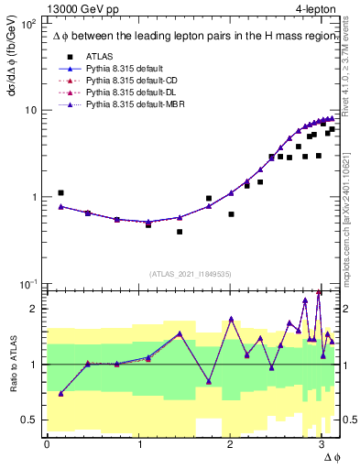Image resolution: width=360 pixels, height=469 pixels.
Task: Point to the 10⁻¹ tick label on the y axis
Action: pyautogui.click(x=28, y=284)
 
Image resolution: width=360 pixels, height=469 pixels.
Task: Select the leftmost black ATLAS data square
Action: pyautogui.click(x=60, y=193)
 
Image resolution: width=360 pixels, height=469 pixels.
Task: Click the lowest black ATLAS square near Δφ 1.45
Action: pyautogui.click(x=180, y=232)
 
